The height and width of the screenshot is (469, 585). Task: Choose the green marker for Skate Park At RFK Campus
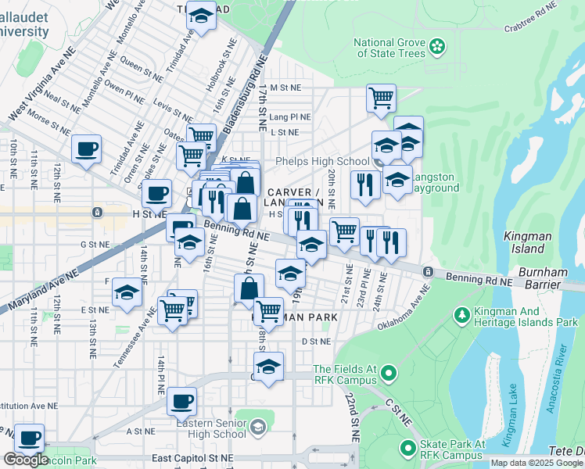pyautogui.click(x=407, y=449)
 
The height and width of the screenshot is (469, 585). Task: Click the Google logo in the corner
pyautogui.click(x=26, y=460)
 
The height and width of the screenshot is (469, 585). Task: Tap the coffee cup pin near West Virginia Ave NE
pyautogui.click(x=86, y=149)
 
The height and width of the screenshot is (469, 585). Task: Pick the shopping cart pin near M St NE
pyautogui.click(x=381, y=98)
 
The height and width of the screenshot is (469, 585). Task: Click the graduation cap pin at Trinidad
pyautogui.click(x=202, y=16)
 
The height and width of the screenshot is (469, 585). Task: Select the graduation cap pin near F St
pyautogui.click(x=127, y=293)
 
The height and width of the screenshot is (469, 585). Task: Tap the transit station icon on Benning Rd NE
pyautogui.click(x=429, y=271)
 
